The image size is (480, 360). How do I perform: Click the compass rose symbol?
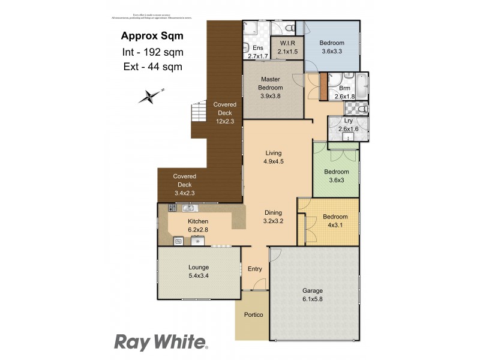[149, 95]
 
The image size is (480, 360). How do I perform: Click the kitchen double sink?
[190, 208]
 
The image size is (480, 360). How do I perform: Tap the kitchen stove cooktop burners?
[172, 208]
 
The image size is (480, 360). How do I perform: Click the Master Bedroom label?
[271, 88]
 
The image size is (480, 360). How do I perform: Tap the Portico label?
[253, 314]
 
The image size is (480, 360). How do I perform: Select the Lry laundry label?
[348, 124]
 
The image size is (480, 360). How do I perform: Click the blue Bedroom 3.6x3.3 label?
[331, 47]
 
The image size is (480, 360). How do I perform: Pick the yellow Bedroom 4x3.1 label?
[335, 221]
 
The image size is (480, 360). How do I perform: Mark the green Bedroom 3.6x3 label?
[336, 176]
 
